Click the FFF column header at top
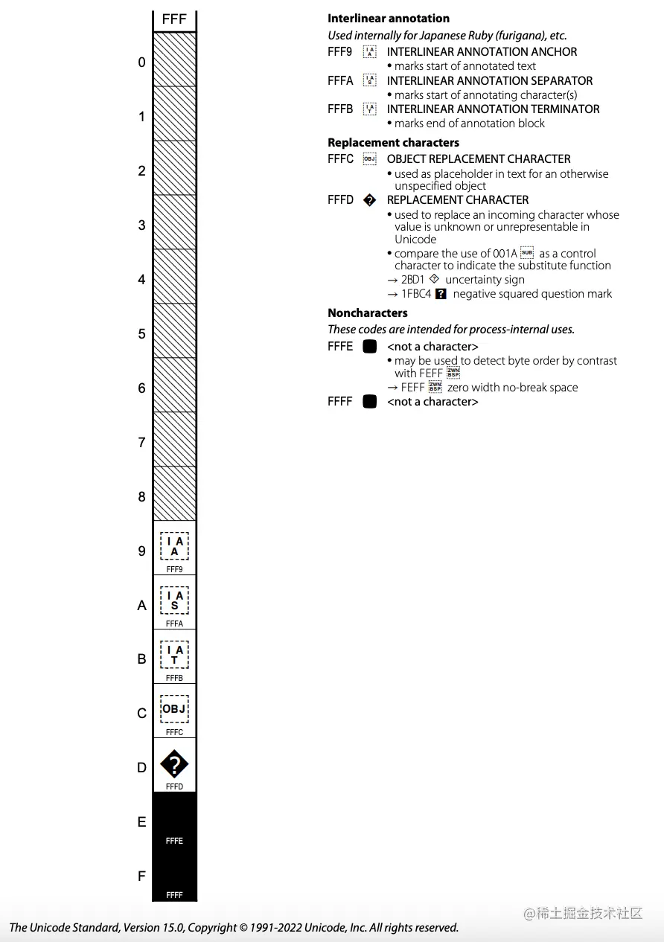coord(174,19)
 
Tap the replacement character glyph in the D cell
coord(174,764)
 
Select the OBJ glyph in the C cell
coord(174,709)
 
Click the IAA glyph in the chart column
coord(174,546)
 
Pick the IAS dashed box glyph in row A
coord(174,600)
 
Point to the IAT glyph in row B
coord(174,655)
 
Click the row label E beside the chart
coord(141,822)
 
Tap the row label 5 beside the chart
coord(141,334)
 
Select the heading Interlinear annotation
coord(389,19)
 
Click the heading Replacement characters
coord(393,142)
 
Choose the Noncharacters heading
coord(368,313)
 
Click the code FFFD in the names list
coord(340,200)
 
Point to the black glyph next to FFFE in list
coord(369,347)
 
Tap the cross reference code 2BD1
coord(413,280)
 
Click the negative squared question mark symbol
coord(441,294)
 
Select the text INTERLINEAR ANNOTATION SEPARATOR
coord(490,80)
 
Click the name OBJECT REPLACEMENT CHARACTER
coord(479,159)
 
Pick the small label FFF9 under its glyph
coord(174,569)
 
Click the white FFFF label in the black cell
coord(174,895)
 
